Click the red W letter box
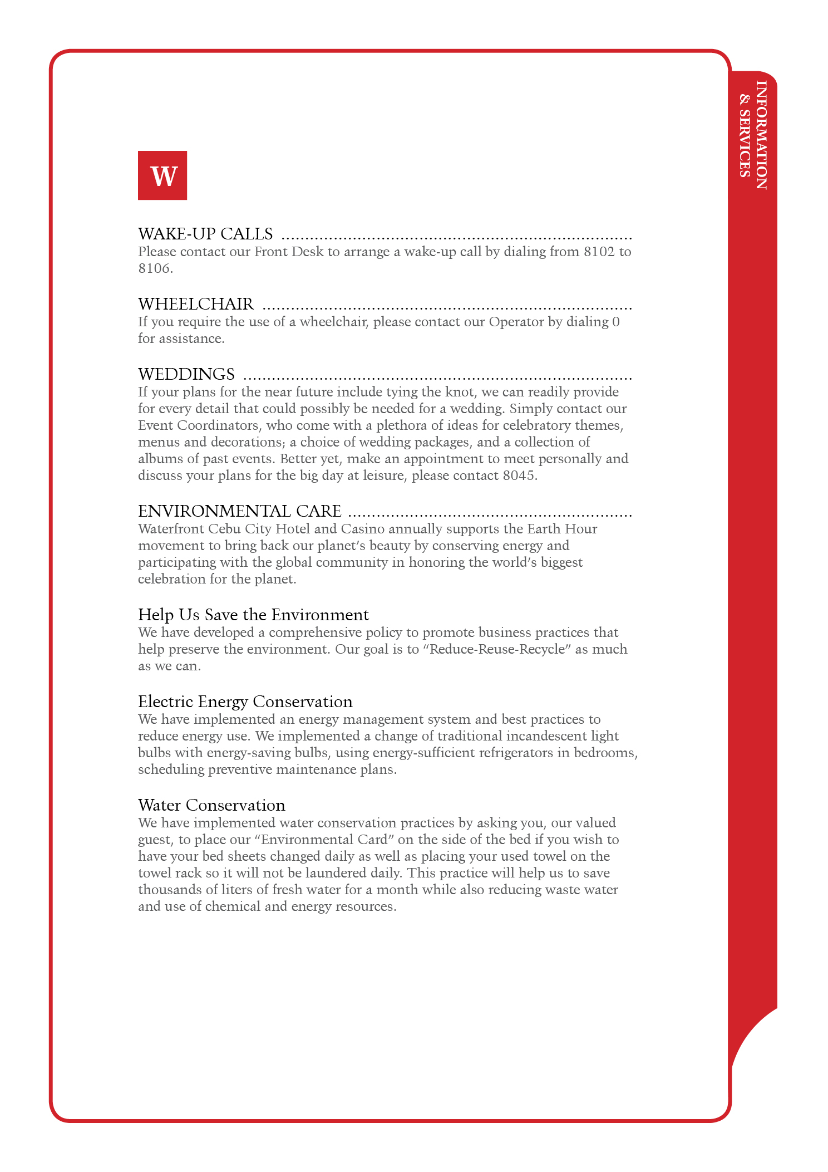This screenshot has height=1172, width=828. pos(162,175)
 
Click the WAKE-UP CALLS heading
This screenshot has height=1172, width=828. pos(205,234)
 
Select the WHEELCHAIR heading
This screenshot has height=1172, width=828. pos(196,304)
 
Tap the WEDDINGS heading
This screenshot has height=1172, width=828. pos(186,374)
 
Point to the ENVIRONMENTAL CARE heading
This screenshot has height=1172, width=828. pos(239,511)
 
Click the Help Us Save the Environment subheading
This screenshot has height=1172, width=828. pos(253,615)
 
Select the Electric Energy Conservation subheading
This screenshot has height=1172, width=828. pos(245,702)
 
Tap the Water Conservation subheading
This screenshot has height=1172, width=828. pos(211,805)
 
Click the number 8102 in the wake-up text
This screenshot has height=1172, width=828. pos(599,252)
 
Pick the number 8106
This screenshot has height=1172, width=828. pos(154,268)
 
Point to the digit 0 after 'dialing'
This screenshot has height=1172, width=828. pos(615,322)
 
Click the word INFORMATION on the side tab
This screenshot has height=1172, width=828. pos(761,135)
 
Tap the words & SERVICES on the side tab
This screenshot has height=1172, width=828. pos(745,136)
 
